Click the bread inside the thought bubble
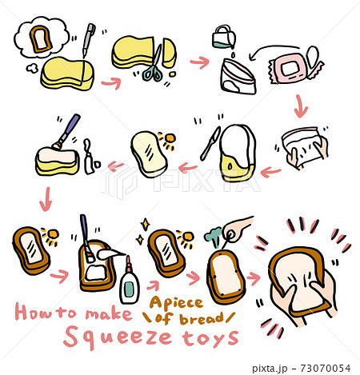pos(37,37)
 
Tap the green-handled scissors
pos(153,67)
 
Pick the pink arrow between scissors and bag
pos(197,61)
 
